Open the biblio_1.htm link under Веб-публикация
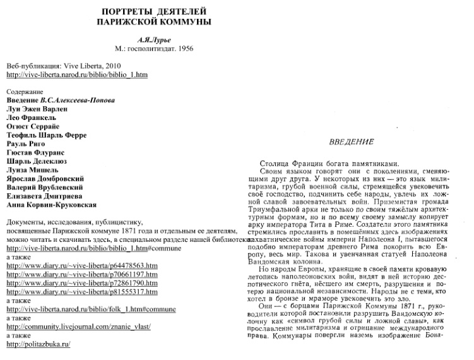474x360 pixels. pos(76,75)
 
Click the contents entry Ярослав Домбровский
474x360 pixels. pos(50,179)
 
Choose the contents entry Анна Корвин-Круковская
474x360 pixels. pos(52,205)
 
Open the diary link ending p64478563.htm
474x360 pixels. pos(81,266)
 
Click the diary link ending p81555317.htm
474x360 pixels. pos(81,292)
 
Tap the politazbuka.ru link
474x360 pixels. pos(38,344)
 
